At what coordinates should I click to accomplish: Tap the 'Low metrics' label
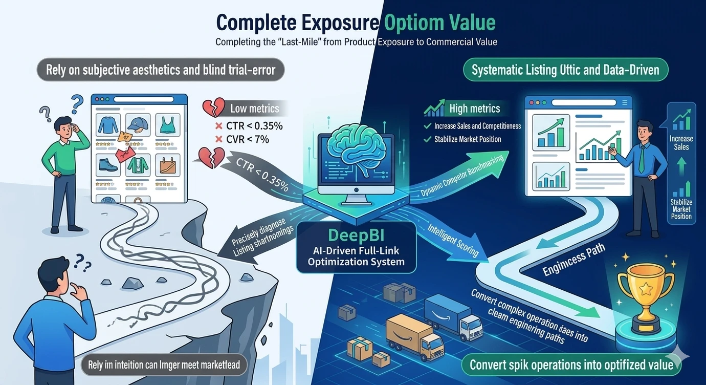[x=254, y=109]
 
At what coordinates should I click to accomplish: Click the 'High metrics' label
[x=474, y=109]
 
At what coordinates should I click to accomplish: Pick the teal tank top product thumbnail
[x=167, y=125]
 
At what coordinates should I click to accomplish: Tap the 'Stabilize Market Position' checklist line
[x=468, y=139]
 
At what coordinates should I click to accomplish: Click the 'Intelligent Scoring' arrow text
[x=450, y=239]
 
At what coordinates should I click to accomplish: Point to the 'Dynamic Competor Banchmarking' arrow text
[x=460, y=176]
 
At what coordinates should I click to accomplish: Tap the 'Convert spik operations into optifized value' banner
[x=571, y=365]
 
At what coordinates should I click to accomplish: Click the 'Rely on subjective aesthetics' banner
[x=161, y=70]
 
